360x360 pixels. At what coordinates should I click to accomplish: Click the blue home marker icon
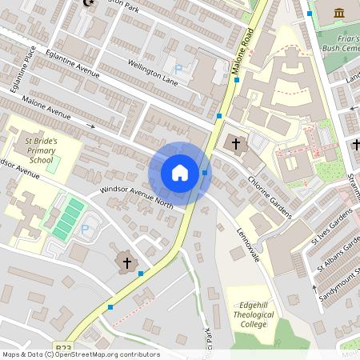pyautogui.click(x=180, y=173)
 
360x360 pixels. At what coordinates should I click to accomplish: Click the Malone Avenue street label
pyautogui.click(x=48, y=108)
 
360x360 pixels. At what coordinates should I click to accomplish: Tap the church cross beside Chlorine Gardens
pyautogui.click(x=236, y=145)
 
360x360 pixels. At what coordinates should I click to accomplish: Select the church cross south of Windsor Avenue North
pyautogui.click(x=126, y=262)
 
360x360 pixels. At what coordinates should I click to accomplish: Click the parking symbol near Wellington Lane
pyautogui.click(x=178, y=70)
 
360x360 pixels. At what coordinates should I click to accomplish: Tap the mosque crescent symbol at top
pyautogui.click(x=88, y=3)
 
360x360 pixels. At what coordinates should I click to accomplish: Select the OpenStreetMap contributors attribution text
pyautogui.click(x=81, y=354)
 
